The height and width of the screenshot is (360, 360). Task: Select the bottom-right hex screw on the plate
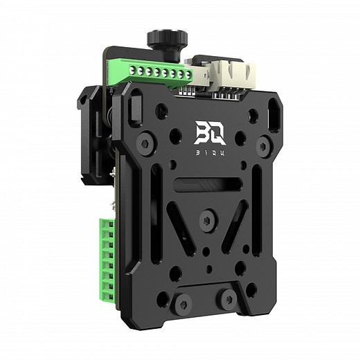click(x=227, y=299)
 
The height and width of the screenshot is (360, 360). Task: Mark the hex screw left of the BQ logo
click(x=147, y=143)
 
